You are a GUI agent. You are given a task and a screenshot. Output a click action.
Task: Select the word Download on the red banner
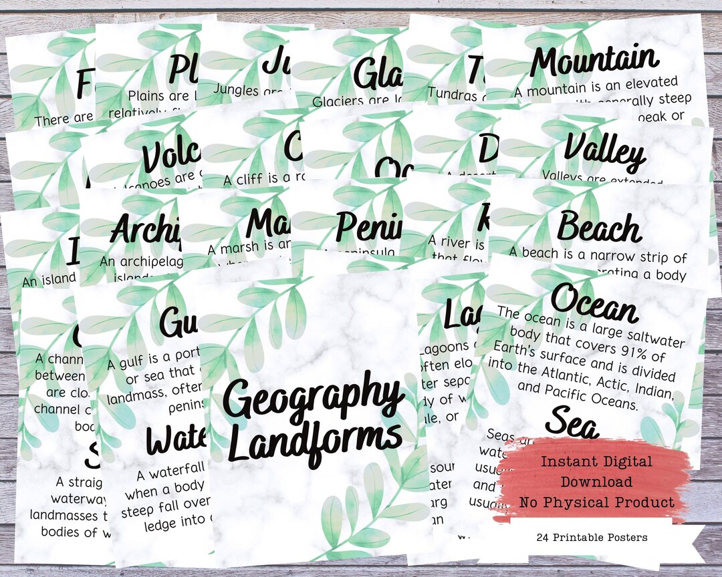click(x=596, y=482)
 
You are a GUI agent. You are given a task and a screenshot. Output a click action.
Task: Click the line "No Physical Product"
click(x=596, y=502)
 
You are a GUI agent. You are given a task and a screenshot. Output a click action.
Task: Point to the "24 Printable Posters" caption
click(x=591, y=537)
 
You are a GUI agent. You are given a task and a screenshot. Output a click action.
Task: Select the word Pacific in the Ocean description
click(x=582, y=393)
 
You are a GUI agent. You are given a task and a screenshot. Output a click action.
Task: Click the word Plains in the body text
click(x=148, y=97)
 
